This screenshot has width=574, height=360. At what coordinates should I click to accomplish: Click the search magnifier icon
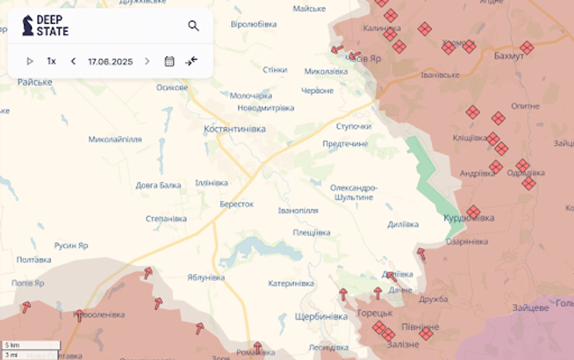(x=193, y=26)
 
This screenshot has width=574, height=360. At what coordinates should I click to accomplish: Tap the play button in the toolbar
(x=30, y=61)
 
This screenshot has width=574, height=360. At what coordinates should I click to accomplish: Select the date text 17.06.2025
(x=110, y=61)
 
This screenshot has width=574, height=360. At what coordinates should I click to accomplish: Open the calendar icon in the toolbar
(x=169, y=61)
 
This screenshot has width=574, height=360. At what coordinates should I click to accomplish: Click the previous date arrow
(x=73, y=61)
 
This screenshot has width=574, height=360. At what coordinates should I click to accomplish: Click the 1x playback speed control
(x=51, y=61)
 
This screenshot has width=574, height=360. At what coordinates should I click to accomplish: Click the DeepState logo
(x=45, y=26)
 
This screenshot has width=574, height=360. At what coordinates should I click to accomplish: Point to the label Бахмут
(x=509, y=57)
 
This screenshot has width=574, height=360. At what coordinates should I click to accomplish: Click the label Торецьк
(x=375, y=313)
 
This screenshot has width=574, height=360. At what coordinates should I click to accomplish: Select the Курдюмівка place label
(x=469, y=219)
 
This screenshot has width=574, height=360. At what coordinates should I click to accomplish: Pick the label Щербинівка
(x=321, y=317)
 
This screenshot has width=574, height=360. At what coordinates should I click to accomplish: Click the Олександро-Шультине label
(x=354, y=192)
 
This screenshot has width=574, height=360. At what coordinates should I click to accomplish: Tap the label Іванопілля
(x=298, y=210)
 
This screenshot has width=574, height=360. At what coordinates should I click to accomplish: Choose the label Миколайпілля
(x=115, y=140)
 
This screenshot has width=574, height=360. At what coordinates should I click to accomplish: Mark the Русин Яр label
(x=71, y=246)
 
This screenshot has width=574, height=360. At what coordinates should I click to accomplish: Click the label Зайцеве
(x=530, y=308)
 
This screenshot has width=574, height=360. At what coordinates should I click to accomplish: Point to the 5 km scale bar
(x=31, y=345)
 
